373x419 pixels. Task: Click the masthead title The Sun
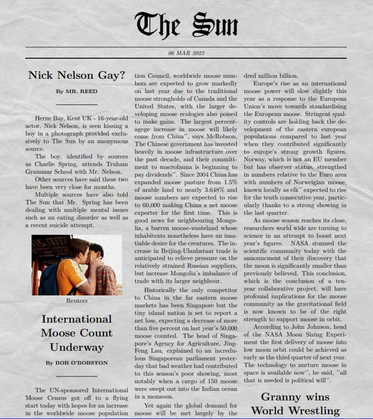coord(186,24)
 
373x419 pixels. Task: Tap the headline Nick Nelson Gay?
coord(77,74)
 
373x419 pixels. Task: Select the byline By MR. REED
coord(77,91)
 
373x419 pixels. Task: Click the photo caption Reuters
coord(77,301)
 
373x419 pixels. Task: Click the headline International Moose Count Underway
coord(77,333)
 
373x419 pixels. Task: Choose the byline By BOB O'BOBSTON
coord(77,362)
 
